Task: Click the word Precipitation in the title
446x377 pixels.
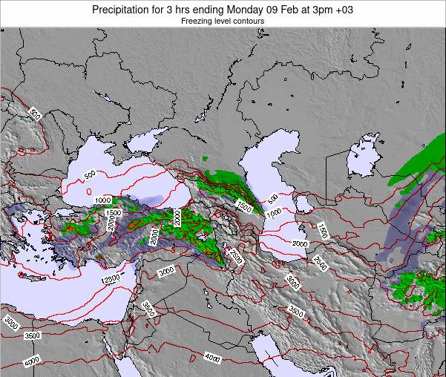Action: tap(121, 9)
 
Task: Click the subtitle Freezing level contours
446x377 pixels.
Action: tap(223, 22)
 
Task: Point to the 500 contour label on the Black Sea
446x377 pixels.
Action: tap(89, 176)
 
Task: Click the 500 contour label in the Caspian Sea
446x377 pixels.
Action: tap(273, 198)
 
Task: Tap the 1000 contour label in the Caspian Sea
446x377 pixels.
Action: tap(274, 212)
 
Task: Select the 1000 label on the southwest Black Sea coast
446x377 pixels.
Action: tap(102, 200)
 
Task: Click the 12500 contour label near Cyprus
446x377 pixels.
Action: tap(111, 278)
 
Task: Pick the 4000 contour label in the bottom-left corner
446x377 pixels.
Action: tap(31, 361)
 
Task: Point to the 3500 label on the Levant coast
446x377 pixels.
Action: tap(148, 309)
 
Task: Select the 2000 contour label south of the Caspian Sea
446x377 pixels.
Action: tap(301, 243)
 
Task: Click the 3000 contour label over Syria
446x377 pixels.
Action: tap(166, 271)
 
